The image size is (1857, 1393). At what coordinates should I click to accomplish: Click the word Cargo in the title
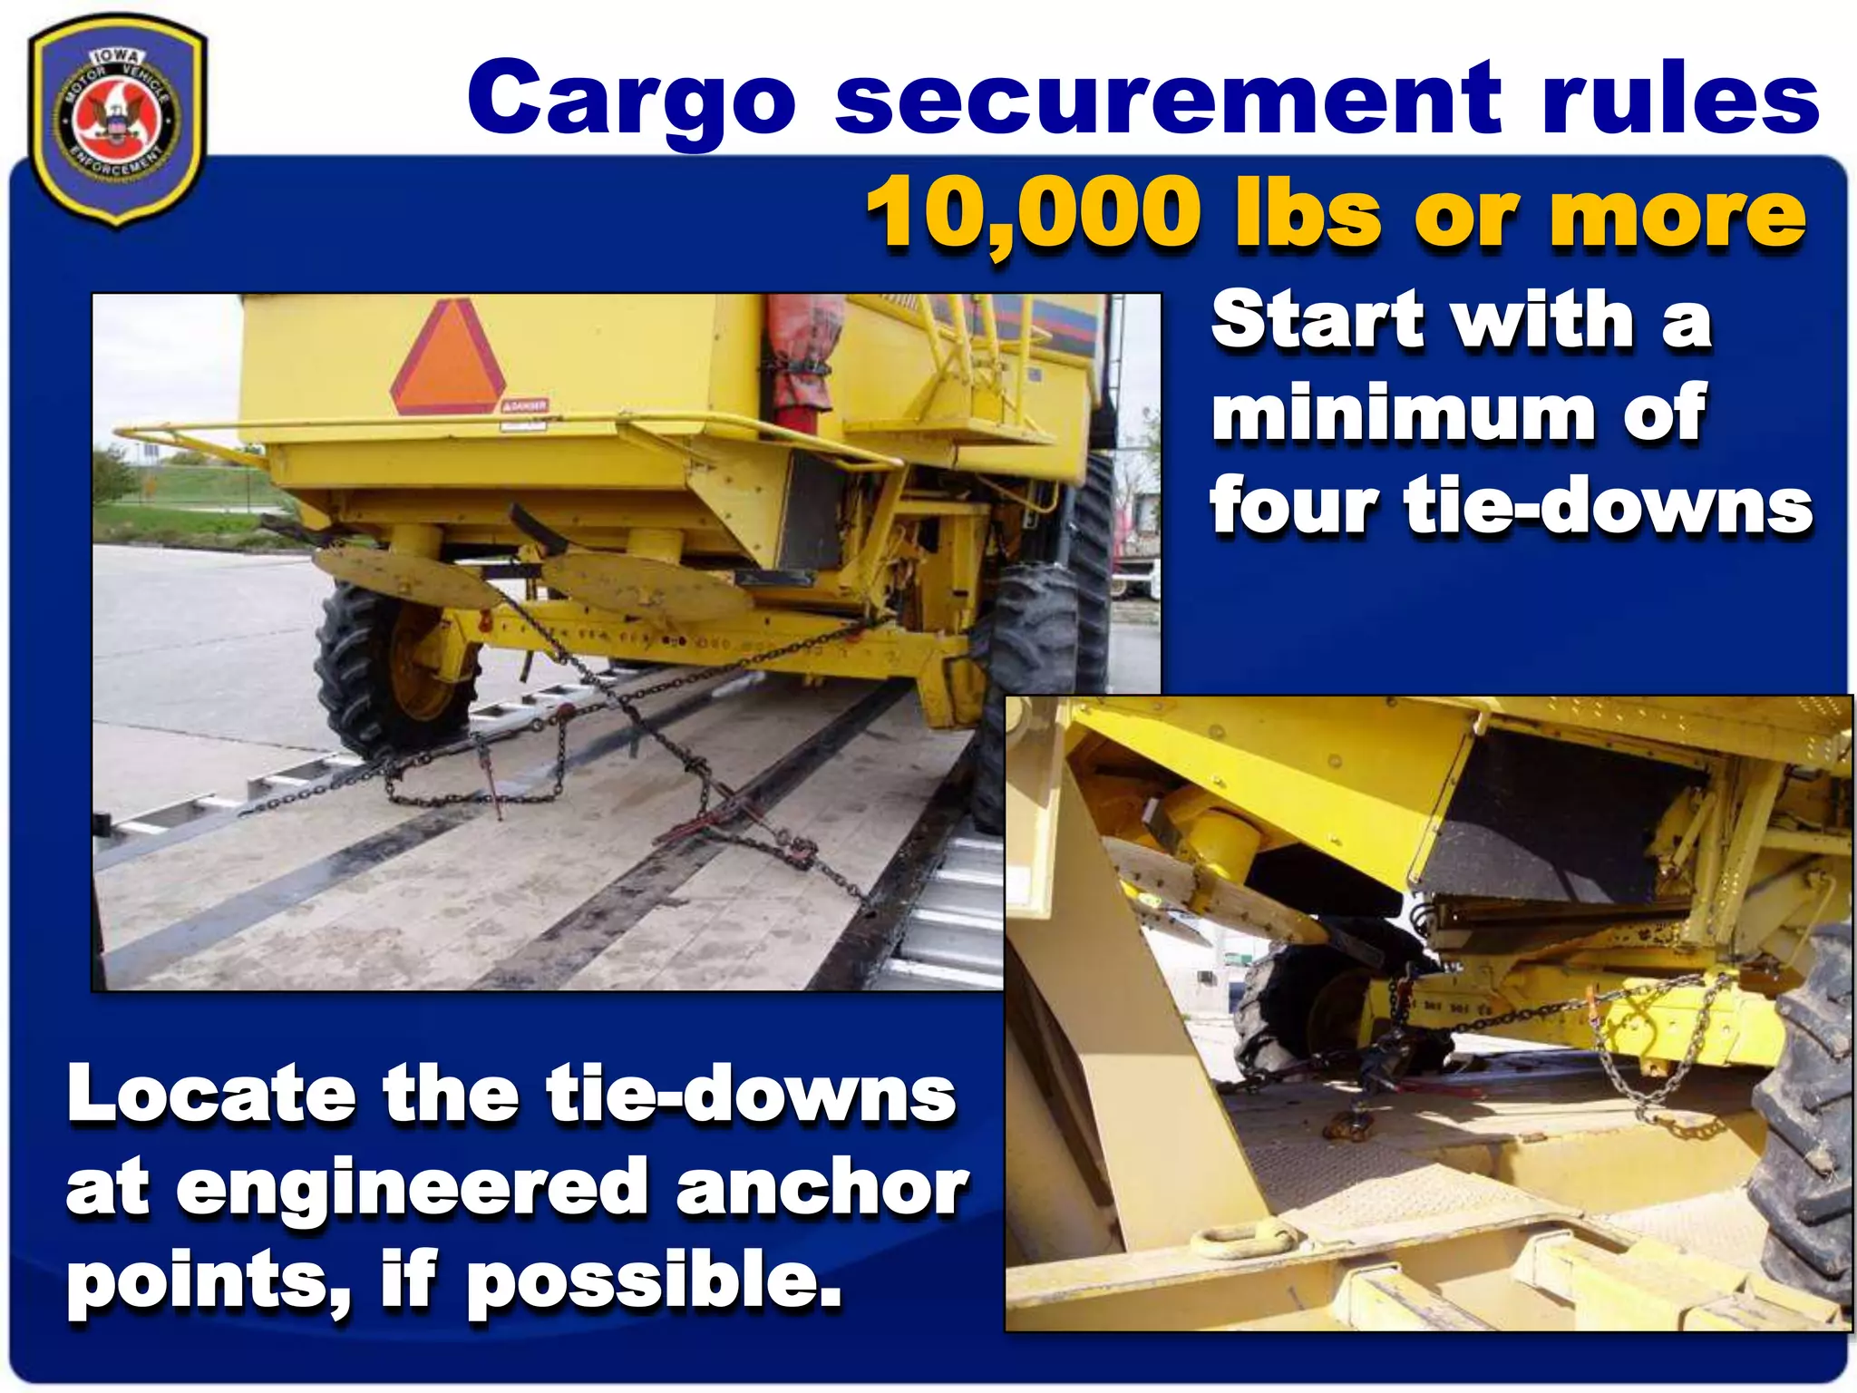pos(631,100)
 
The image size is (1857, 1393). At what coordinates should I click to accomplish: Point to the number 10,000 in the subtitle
pos(1033,214)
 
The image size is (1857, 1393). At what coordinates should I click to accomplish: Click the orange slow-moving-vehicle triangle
pos(448,357)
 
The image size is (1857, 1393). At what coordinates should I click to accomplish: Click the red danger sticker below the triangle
pos(525,405)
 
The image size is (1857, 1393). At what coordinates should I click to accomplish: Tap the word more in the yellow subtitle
pos(1677,214)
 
